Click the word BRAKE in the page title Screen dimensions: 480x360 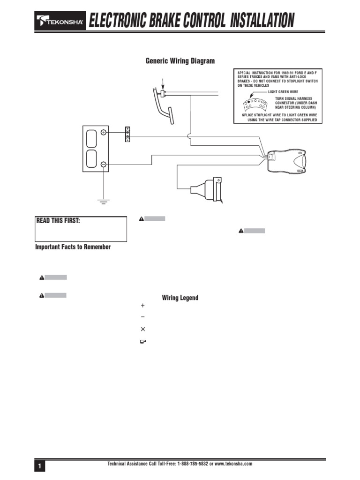161,21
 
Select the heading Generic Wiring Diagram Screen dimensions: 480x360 180,61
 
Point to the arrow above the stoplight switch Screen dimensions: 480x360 163,84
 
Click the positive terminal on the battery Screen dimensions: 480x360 104,133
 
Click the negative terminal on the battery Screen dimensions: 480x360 104,164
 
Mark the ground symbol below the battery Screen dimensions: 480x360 103,202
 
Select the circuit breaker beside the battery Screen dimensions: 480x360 127,134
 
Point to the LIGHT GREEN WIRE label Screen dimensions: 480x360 283,92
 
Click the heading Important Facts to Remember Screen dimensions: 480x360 73,247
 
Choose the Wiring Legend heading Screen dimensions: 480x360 180,298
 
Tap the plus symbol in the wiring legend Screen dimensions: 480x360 143,305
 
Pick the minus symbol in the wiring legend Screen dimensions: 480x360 143,317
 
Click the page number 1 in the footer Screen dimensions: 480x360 40,466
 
